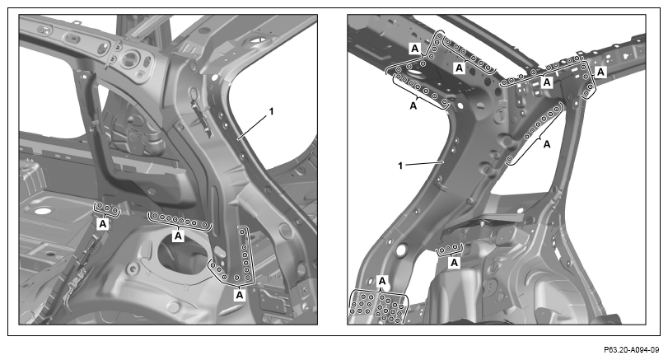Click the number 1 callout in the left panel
tap(270, 111)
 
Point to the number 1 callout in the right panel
tap(400, 166)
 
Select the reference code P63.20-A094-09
tap(631, 350)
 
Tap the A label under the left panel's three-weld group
tap(103, 224)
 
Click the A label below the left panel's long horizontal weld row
tap(178, 235)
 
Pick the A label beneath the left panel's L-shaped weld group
tap(240, 294)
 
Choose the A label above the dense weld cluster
tap(382, 281)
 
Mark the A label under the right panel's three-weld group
tap(455, 263)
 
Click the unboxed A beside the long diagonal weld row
tap(547, 145)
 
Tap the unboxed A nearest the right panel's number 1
tap(413, 106)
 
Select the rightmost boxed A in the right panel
tap(600, 72)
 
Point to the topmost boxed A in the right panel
tap(414, 49)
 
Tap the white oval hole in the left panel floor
tap(42, 211)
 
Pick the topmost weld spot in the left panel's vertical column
tap(242, 231)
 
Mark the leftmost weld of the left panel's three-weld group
tap(100, 207)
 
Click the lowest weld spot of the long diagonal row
tap(510, 159)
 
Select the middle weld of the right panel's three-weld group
tap(449, 249)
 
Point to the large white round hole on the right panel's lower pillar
tap(401, 250)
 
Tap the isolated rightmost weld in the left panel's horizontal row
tap(205, 225)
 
